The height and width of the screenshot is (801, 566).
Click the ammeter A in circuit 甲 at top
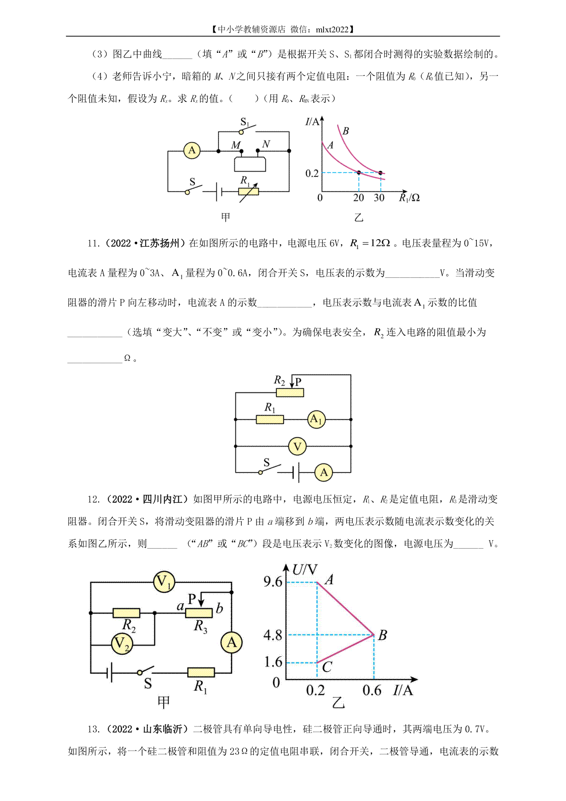[x=191, y=150]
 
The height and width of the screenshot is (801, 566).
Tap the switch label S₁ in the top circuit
[x=245, y=122]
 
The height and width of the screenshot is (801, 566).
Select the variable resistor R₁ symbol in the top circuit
[x=249, y=192]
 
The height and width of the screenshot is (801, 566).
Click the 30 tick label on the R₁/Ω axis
[x=379, y=198]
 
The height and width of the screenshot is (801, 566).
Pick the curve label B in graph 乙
[x=345, y=131]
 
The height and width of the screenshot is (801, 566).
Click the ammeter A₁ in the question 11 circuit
[x=316, y=419]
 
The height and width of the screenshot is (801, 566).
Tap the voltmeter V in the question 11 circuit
[x=297, y=446]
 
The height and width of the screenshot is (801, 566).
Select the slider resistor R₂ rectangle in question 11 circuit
[x=290, y=392]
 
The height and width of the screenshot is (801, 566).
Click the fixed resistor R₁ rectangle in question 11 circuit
[x=270, y=419]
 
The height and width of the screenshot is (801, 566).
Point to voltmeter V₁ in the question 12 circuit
[x=164, y=582]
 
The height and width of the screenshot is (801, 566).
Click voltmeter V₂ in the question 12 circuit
[x=122, y=643]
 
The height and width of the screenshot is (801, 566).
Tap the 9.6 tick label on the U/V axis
[x=273, y=582]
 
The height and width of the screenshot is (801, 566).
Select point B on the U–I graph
[x=374, y=635]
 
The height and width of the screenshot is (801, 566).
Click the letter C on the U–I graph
[x=327, y=667]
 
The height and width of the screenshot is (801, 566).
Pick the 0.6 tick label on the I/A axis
[x=372, y=691]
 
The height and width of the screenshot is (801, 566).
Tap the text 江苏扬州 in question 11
[x=159, y=243]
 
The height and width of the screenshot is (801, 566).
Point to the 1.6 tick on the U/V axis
[x=273, y=662]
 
